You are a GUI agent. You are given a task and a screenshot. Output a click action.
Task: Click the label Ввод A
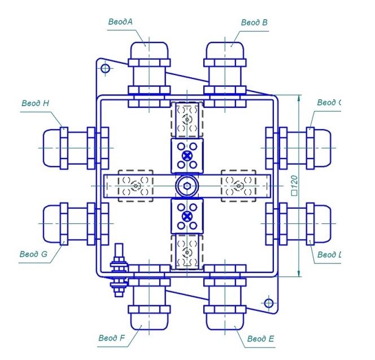point(120,21)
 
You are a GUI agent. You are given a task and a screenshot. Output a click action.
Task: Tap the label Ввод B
point(254,23)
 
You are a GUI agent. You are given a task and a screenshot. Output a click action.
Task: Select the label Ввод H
point(36,103)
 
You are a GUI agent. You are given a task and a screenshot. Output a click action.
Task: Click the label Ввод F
point(111,338)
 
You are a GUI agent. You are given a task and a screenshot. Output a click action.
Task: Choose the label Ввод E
point(261,339)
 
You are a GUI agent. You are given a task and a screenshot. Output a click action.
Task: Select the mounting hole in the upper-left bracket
point(104,68)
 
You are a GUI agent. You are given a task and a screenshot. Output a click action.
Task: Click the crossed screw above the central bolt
point(186,155)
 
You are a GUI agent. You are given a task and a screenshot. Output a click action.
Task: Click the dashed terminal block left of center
point(136,185)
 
